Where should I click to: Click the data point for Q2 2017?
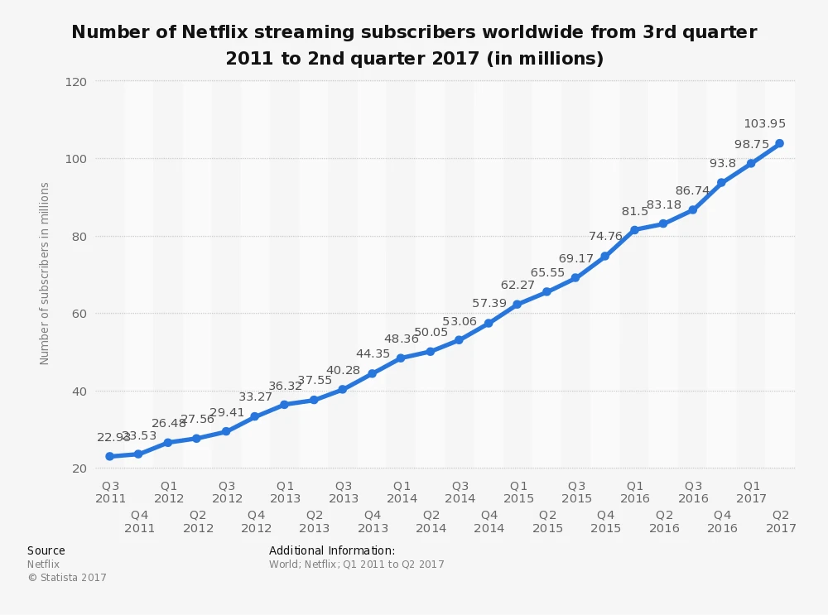tap(779, 143)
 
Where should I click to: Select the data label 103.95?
tap(764, 124)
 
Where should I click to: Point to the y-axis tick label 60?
tap(80, 314)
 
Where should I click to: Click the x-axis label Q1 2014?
tap(402, 492)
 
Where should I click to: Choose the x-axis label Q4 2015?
tap(605, 521)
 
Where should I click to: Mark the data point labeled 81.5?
tap(634, 229)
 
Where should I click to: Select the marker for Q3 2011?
tap(109, 456)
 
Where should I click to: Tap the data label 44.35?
tap(373, 354)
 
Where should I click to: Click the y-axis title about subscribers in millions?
tap(45, 273)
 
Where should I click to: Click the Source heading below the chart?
tap(46, 550)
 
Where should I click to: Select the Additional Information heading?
tap(332, 550)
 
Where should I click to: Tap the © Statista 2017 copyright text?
tap(67, 578)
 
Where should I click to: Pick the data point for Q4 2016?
tap(721, 182)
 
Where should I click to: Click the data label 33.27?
tap(256, 397)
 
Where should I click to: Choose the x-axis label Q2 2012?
tap(198, 521)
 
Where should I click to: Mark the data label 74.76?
tap(605, 236)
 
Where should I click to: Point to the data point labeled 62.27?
tap(517, 305)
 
